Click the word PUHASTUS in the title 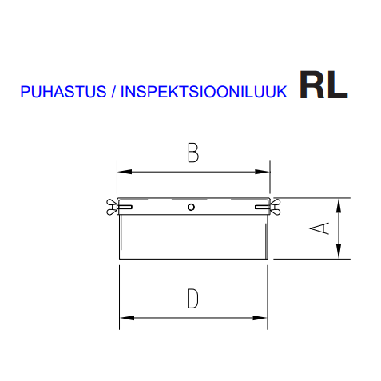click(63, 92)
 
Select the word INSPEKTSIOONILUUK click(204, 92)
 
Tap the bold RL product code click(323, 85)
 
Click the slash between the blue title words click(113, 92)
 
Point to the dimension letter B click(193, 153)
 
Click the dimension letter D click(192, 299)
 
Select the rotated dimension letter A click(319, 228)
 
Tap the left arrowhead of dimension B click(125, 172)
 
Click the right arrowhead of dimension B click(262, 172)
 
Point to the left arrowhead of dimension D click(127, 318)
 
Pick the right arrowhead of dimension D click(260, 318)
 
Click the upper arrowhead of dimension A click(339, 205)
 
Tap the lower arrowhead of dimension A click(339, 252)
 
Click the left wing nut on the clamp click(112, 207)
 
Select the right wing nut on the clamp click(275, 207)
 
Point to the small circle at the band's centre click(191, 207)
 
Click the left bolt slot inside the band click(125, 207)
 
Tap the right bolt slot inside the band click(262, 207)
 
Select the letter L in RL click(337, 85)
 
